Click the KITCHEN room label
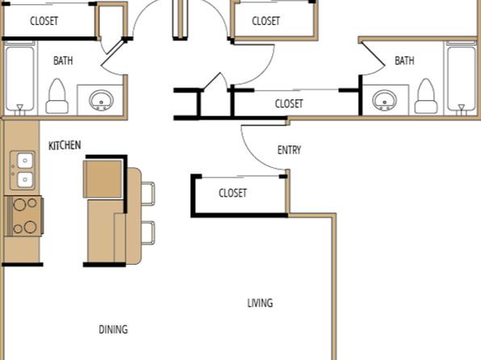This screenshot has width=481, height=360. (65, 145)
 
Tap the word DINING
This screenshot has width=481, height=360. (113, 329)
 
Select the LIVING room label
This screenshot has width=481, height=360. (260, 303)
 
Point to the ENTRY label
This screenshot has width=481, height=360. (289, 150)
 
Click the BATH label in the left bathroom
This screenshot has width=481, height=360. (63, 61)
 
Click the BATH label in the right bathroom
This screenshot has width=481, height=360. (404, 61)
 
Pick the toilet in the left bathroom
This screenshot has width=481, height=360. (57, 96)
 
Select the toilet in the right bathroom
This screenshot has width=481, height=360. (426, 96)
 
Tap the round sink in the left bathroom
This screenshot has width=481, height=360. (101, 100)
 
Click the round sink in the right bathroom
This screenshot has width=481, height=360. (384, 100)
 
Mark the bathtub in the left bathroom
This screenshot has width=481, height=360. (20, 78)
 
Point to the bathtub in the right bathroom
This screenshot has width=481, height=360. (461, 78)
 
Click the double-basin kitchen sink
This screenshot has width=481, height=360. (23, 170)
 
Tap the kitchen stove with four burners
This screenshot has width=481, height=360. (23, 216)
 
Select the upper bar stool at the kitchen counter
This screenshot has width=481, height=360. (148, 194)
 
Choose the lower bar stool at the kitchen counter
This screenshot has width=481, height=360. (148, 233)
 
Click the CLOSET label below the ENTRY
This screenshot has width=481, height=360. (232, 193)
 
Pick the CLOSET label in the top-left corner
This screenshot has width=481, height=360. (44, 21)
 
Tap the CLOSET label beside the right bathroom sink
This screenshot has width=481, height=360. (289, 103)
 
